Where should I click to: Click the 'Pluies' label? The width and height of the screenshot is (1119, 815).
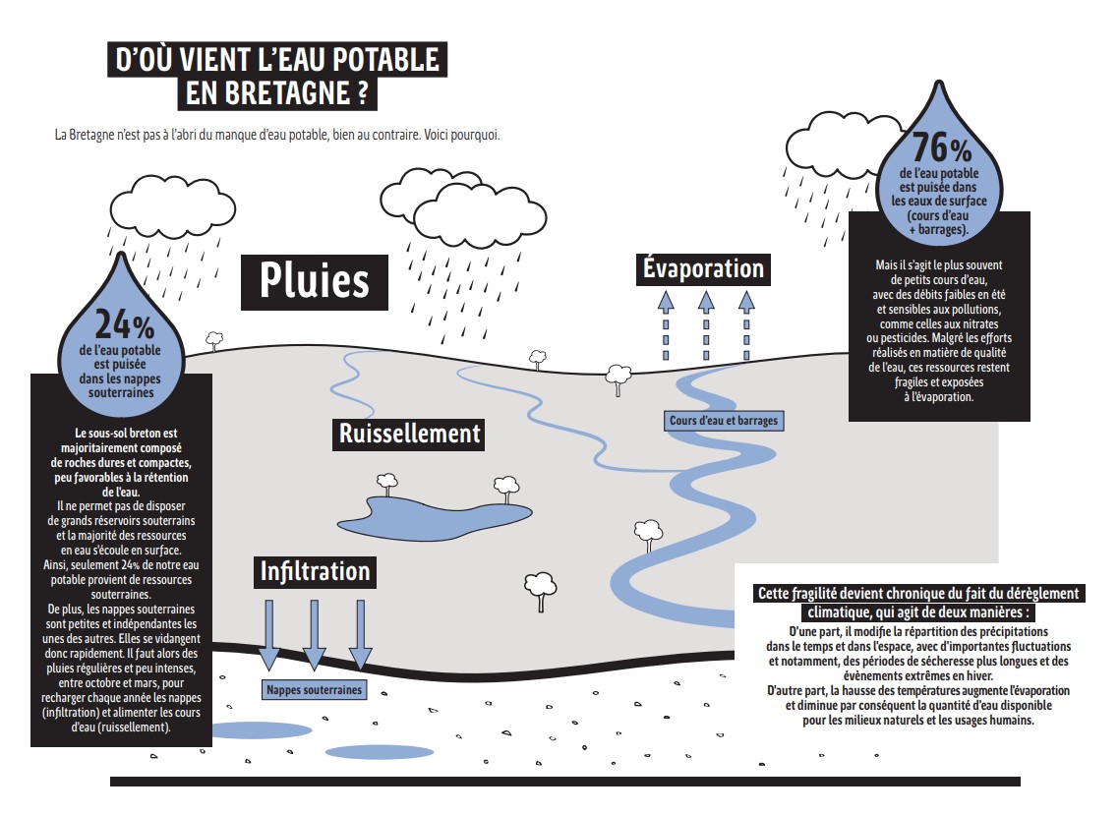[x=314, y=282]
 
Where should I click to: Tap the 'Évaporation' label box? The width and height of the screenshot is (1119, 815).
[x=704, y=269]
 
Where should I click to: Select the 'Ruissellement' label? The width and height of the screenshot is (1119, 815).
[x=409, y=434]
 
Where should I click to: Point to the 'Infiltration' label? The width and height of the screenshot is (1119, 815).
[x=315, y=571]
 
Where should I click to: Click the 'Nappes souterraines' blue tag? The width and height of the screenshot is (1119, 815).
[x=314, y=690]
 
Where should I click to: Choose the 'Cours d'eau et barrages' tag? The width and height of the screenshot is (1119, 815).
[x=724, y=421]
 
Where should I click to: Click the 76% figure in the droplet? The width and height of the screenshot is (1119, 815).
[x=941, y=148]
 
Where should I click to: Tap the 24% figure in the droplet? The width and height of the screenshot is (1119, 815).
[x=124, y=325]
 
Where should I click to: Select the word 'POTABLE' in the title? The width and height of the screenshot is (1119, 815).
[x=386, y=59]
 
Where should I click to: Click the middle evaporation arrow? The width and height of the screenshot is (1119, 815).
[x=706, y=324]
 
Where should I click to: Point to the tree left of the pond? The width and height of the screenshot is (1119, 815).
[x=386, y=484]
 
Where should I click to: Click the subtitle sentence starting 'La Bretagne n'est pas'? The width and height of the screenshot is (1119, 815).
[x=277, y=135]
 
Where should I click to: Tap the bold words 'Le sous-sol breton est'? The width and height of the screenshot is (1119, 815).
[x=126, y=434]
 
